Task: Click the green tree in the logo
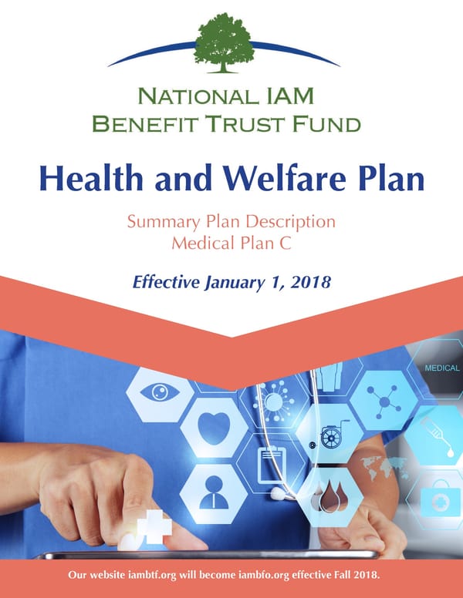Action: pos(224,42)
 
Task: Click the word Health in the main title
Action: pos(91,178)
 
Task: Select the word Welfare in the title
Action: pos(285,178)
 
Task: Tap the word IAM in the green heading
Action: pos(290,96)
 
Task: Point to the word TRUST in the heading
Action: pos(246,124)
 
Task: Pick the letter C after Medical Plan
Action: pos(285,243)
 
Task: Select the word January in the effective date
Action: pos(234,284)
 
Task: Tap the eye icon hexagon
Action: pos(160,392)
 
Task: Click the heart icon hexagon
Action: pos(214,427)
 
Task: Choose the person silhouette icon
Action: pos(214,492)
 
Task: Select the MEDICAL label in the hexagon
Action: pos(442,368)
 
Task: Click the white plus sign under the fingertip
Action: pos(154,526)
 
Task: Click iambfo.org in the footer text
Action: pos(264,575)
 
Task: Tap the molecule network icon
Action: pos(384,401)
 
